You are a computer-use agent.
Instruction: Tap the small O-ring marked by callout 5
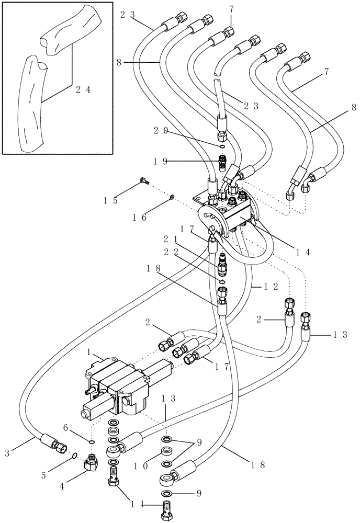(x=74, y=455)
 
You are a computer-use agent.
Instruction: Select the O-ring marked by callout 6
(x=93, y=442)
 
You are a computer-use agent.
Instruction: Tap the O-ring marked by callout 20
(x=222, y=147)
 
